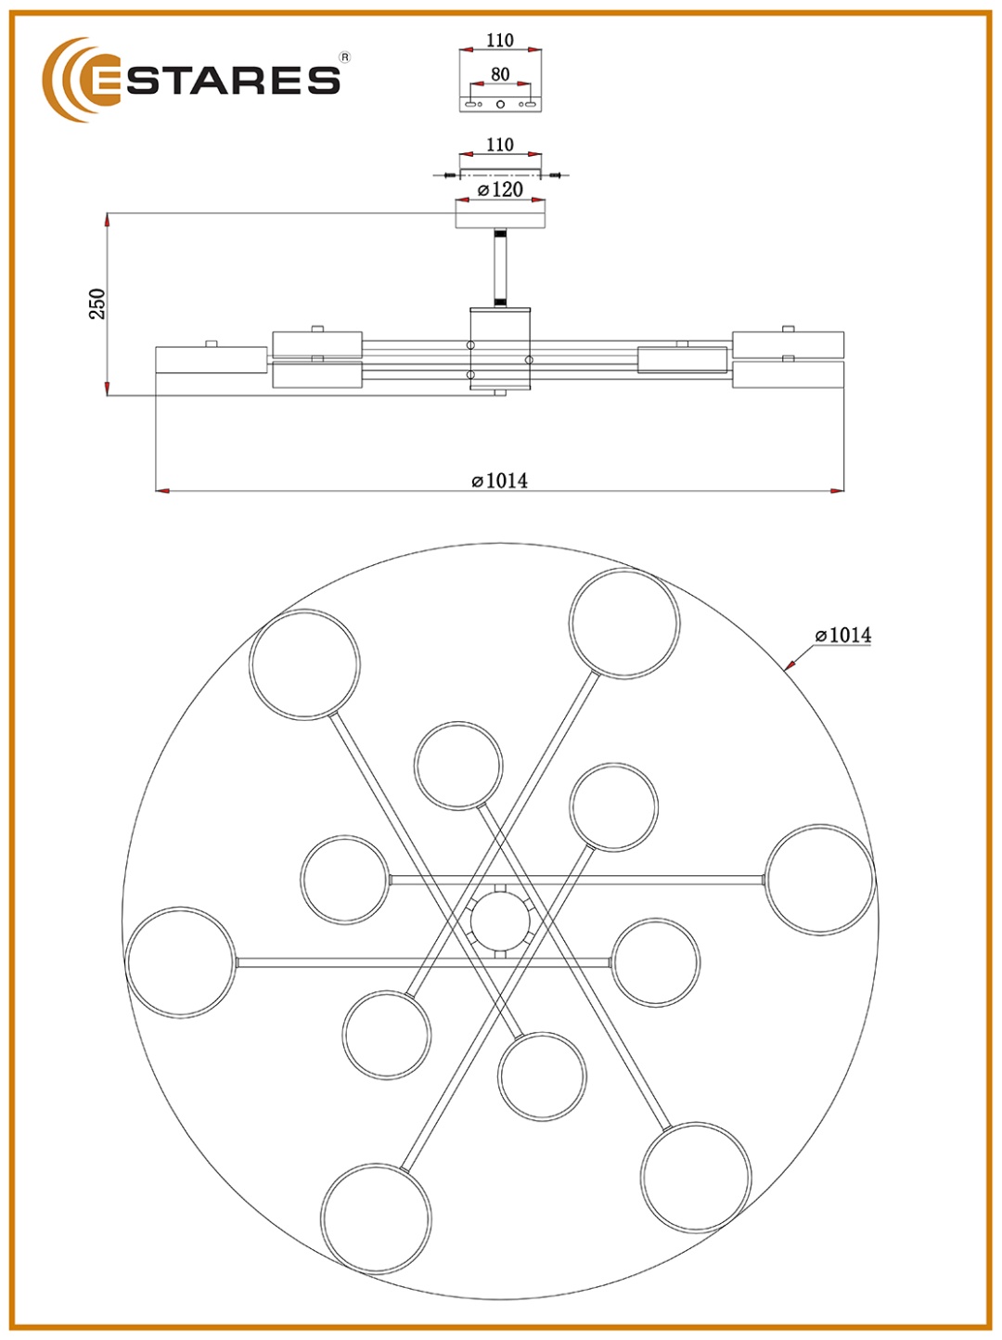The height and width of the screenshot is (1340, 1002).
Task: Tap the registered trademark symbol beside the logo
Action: click(x=344, y=58)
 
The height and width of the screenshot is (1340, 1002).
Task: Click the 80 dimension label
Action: click(x=500, y=74)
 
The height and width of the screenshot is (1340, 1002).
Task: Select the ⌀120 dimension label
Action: click(x=500, y=190)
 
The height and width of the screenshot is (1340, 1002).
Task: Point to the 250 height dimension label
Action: click(x=97, y=304)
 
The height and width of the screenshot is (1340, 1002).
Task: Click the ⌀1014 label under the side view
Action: click(x=499, y=481)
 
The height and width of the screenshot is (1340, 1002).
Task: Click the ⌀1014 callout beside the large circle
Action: click(x=843, y=636)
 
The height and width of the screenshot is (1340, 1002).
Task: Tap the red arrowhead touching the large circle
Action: click(x=790, y=664)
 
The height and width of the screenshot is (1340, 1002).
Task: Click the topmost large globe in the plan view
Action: click(x=624, y=623)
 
